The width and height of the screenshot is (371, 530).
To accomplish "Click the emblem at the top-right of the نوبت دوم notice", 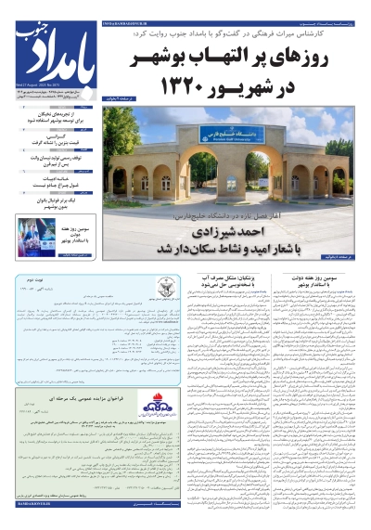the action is pyautogui.click(x=167, y=283).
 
